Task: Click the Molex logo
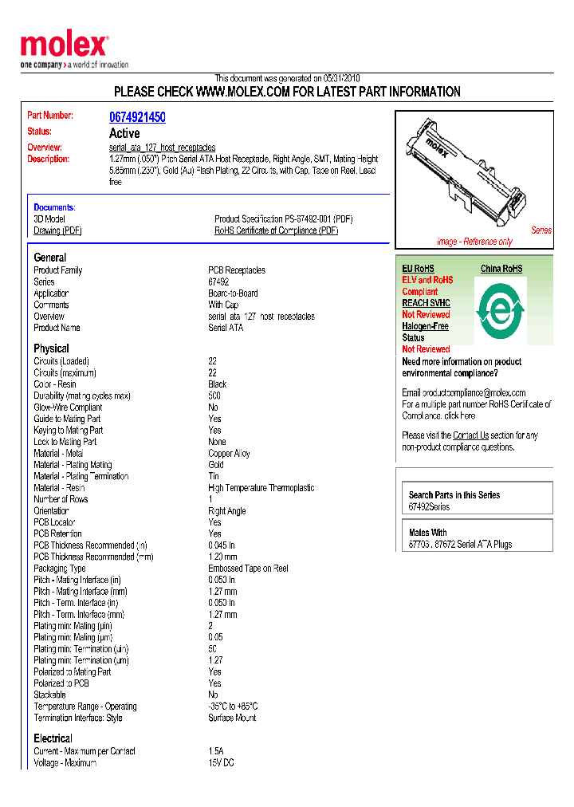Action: click(64, 46)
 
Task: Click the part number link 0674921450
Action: click(137, 117)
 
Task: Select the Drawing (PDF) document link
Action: click(57, 230)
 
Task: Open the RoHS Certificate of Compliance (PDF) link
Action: click(276, 230)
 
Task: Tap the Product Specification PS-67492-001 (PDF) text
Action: click(283, 218)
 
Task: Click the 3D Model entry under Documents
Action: click(49, 218)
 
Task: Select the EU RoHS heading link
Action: click(418, 269)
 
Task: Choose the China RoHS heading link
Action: click(501, 269)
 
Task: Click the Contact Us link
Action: click(470, 435)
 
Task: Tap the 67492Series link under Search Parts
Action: click(429, 507)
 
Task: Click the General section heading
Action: click(49, 258)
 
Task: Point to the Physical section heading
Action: click(51, 348)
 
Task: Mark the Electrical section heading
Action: click(53, 738)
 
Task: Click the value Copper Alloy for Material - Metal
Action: click(229, 454)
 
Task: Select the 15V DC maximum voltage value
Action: click(222, 763)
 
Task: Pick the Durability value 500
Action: click(214, 396)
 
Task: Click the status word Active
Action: click(124, 133)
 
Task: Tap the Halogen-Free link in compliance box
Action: click(425, 326)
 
